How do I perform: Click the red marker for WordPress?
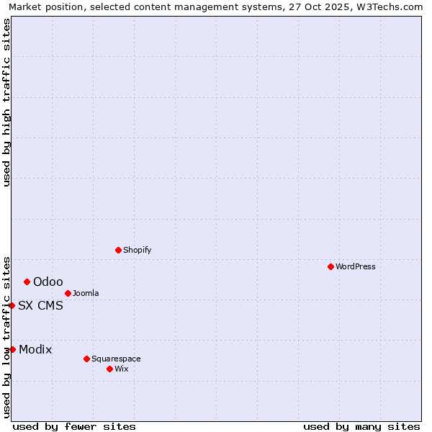click(330, 266)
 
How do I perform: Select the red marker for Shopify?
click(118, 250)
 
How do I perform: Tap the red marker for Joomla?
click(68, 293)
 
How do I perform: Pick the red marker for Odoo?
click(27, 282)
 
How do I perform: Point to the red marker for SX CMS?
click(12, 305)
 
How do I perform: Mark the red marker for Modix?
click(12, 349)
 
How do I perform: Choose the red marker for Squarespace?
click(86, 359)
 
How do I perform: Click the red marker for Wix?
click(109, 369)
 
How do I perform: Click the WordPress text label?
click(356, 266)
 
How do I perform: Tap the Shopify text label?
click(137, 250)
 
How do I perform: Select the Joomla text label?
click(86, 293)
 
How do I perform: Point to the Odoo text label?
click(48, 282)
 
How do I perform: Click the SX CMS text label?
click(40, 305)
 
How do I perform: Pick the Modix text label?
click(35, 349)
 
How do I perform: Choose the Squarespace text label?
click(116, 359)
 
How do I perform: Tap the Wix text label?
click(121, 369)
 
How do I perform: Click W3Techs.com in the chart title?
click(389, 6)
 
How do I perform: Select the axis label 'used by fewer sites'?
click(74, 426)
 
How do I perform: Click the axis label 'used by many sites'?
click(361, 426)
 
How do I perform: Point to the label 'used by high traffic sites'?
click(6, 102)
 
